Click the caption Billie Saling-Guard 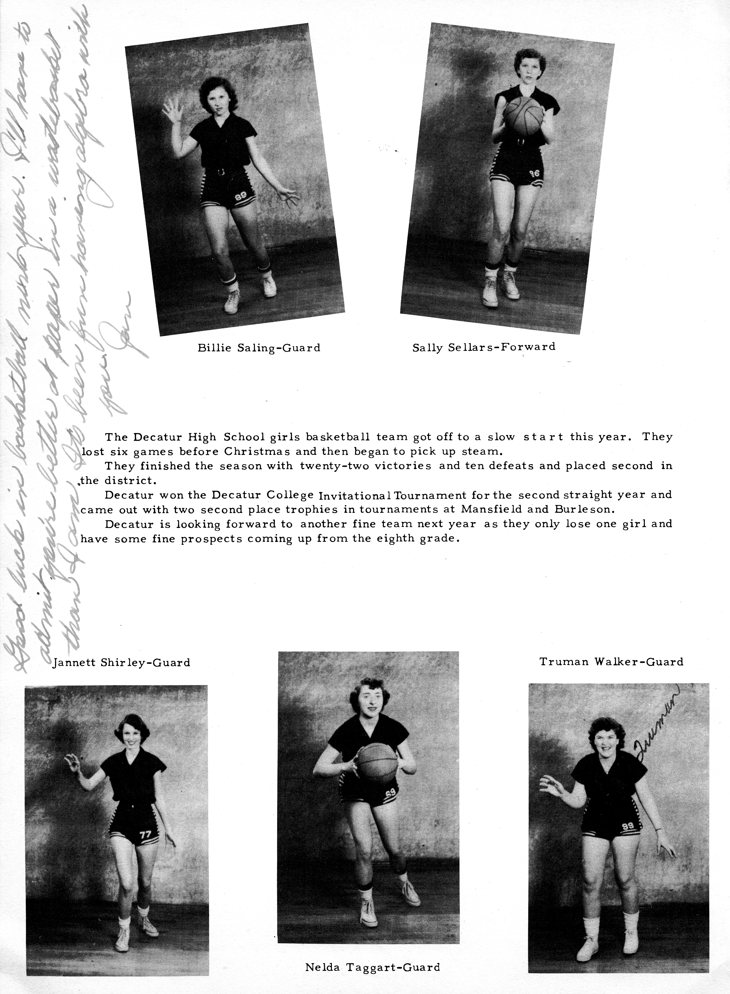click(x=258, y=348)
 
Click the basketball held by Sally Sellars click(x=524, y=116)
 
